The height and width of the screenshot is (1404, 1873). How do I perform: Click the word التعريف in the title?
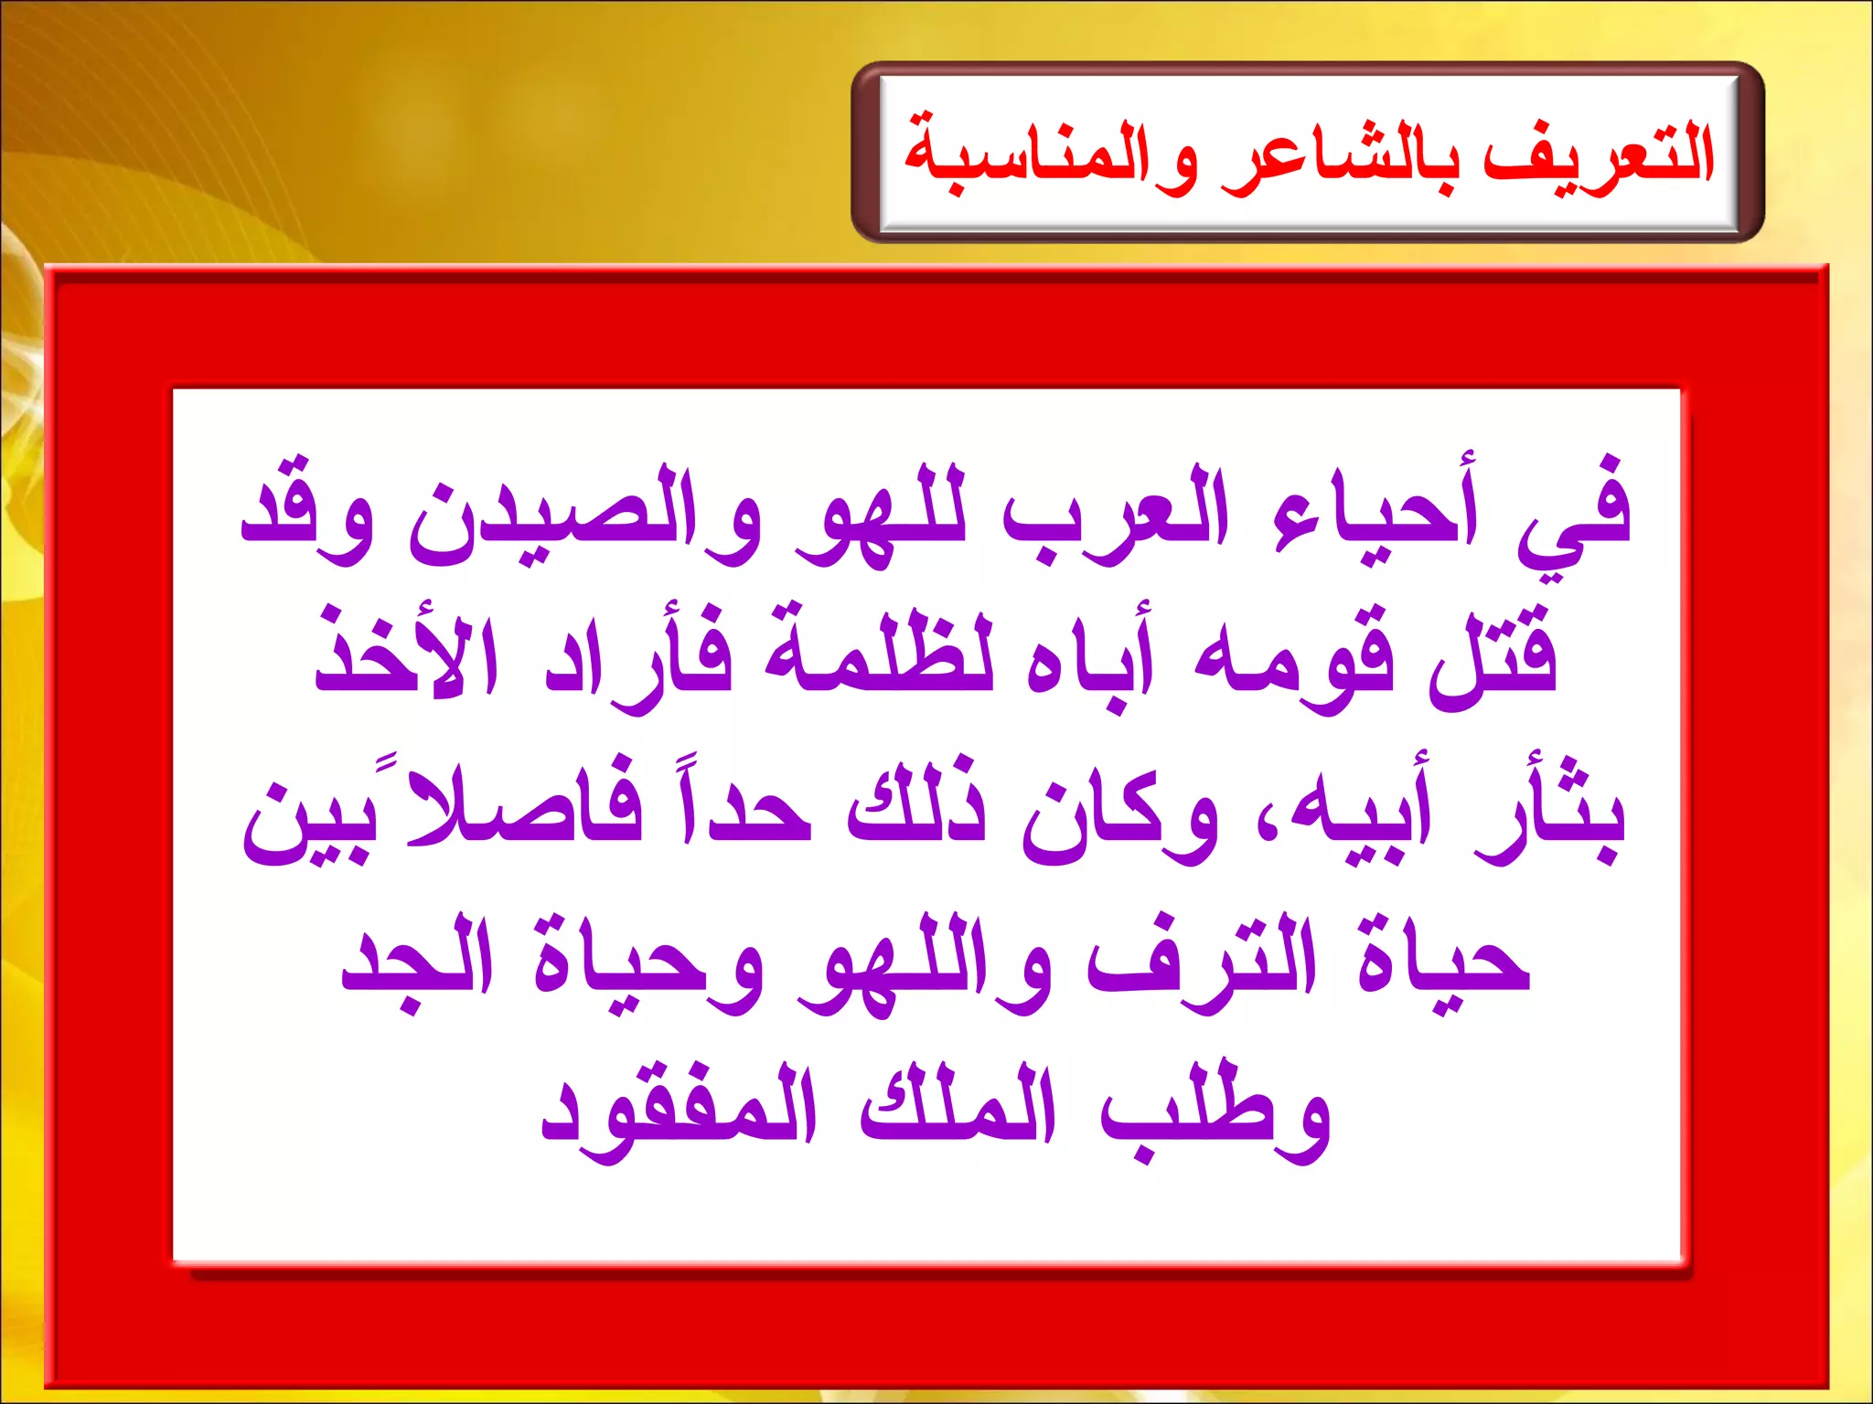point(1598,155)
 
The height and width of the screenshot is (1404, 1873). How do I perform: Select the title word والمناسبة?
point(1052,155)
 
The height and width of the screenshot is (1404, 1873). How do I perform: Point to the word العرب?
point(1116,512)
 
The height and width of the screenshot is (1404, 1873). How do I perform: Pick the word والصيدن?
point(585,512)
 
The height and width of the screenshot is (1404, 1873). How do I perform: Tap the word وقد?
point(306,512)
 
